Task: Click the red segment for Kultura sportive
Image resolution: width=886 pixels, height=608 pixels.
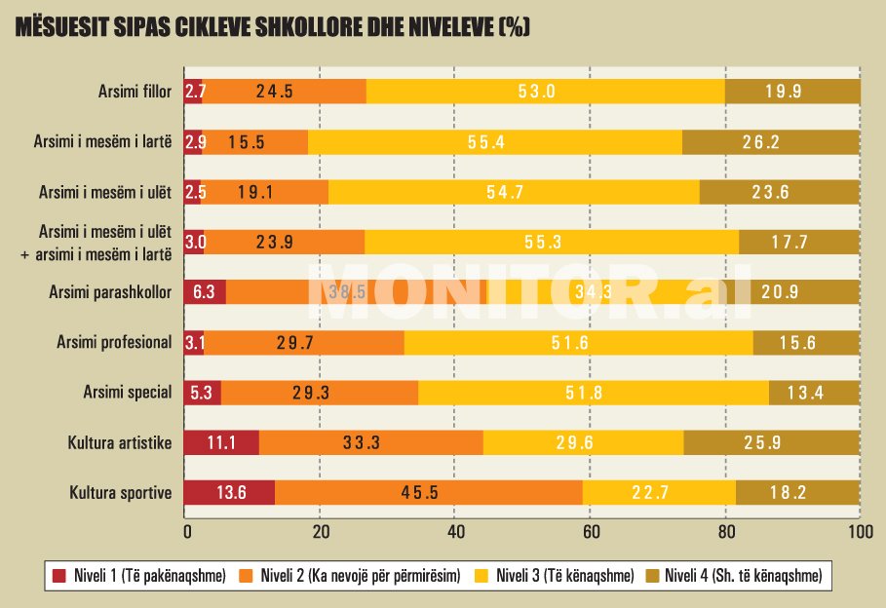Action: (229, 493)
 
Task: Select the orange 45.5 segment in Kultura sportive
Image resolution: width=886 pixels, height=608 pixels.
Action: (429, 493)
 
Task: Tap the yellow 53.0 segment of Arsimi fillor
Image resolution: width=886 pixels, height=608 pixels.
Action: (546, 92)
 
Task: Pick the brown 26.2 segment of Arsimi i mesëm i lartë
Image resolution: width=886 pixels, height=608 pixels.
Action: (771, 142)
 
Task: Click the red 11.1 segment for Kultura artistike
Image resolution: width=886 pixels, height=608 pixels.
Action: (221, 443)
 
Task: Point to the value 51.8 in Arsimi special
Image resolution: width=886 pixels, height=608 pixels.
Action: (593, 393)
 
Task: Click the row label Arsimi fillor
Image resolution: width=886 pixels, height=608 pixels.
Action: (135, 93)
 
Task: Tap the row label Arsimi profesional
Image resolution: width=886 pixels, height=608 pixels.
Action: (116, 342)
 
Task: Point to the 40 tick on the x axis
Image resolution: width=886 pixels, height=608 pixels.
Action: (456, 532)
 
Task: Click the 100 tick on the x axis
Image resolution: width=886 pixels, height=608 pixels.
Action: (859, 532)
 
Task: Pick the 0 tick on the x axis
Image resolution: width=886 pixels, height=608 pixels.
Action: (186, 532)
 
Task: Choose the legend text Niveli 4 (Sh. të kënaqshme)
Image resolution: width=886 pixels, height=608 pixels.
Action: (742, 577)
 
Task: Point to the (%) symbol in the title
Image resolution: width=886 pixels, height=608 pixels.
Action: (513, 27)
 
